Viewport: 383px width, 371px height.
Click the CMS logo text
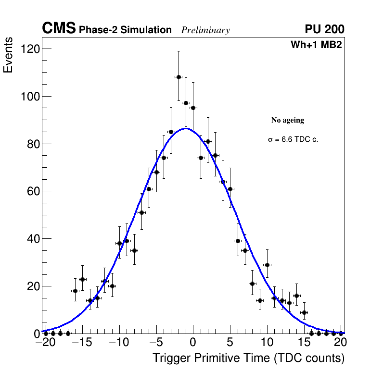pyautogui.click(x=59, y=29)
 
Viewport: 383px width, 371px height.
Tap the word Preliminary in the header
pyautogui.click(x=205, y=30)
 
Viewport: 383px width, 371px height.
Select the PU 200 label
pyautogui.click(x=324, y=29)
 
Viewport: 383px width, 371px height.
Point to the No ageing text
pyautogui.click(x=288, y=120)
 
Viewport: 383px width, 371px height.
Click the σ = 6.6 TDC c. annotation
pyautogui.click(x=293, y=139)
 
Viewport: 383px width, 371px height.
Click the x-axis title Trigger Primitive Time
pyautogui.click(x=248, y=358)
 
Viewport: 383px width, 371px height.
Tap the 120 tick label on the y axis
pyautogui.click(x=30, y=49)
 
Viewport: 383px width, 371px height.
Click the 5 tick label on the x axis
pyautogui.click(x=230, y=343)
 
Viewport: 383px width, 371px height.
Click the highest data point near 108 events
pyautogui.click(x=179, y=77)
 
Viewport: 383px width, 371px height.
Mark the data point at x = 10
pyautogui.click(x=267, y=265)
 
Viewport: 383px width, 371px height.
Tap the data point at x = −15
pyautogui.click(x=82, y=279)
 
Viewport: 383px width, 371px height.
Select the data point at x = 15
pyautogui.click(x=304, y=312)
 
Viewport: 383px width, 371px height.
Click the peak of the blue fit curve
pyautogui.click(x=186, y=128)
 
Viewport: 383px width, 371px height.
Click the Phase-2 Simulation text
pyautogui.click(x=125, y=30)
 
